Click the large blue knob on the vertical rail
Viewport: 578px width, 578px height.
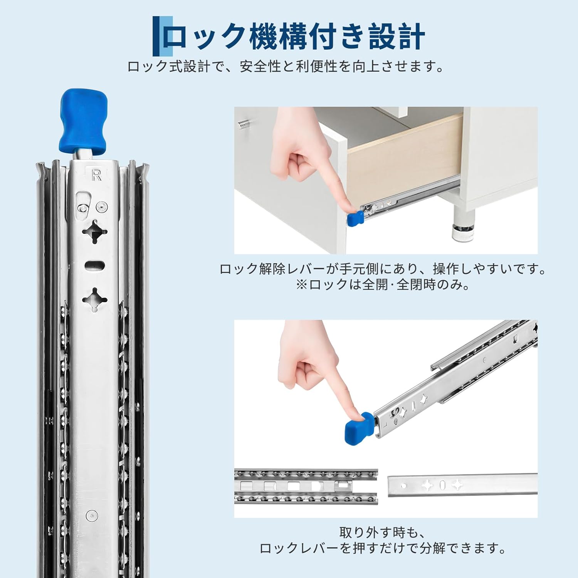pyautogui.click(x=83, y=121)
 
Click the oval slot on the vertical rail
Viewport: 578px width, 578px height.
pyautogui.click(x=95, y=266)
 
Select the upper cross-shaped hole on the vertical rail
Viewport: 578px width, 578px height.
pyautogui.click(x=94, y=232)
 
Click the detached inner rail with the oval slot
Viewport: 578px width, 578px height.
pyautogui.click(x=462, y=484)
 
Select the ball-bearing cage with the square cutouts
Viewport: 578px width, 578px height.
pyautogui.click(x=306, y=486)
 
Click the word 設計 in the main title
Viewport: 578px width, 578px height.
pyautogui.click(x=397, y=37)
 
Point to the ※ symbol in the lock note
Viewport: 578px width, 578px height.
pyautogui.click(x=302, y=285)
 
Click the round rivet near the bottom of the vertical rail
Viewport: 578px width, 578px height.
pyautogui.click(x=92, y=514)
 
